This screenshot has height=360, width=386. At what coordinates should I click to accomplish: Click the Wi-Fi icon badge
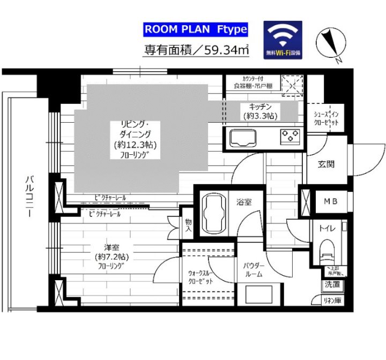[283, 39]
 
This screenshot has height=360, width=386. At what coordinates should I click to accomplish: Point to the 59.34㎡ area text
[196, 51]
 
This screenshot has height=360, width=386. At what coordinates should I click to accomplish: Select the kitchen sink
[244, 138]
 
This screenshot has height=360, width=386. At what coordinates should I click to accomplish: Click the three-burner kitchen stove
[290, 138]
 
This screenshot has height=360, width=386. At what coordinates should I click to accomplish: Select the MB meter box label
[330, 201]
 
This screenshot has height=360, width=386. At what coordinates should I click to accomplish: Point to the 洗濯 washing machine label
[331, 286]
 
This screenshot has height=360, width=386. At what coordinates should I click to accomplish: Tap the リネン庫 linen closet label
[331, 301]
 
